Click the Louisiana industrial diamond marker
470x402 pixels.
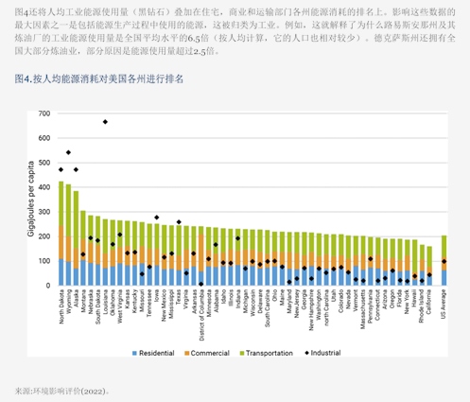click(x=105, y=122)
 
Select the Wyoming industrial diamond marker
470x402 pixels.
click(x=68, y=152)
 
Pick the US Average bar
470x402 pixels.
click(x=444, y=261)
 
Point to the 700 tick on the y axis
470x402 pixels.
click(x=44, y=114)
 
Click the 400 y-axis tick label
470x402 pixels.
click(x=44, y=187)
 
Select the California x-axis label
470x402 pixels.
click(x=428, y=304)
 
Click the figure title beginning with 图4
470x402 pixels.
click(x=99, y=79)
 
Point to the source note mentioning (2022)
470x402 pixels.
click(x=62, y=390)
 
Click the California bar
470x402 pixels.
click(x=428, y=266)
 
